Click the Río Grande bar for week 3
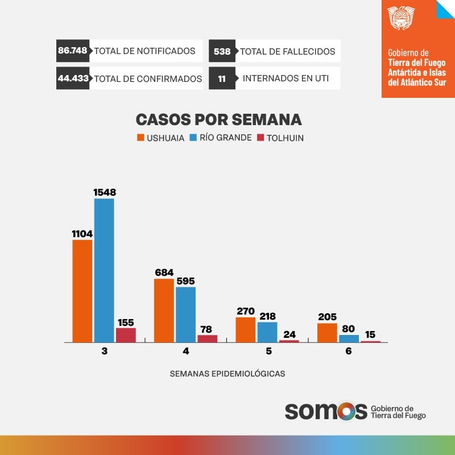(x=104, y=270)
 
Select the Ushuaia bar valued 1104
(x=82, y=291)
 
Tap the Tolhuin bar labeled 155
(x=126, y=335)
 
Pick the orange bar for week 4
(x=164, y=311)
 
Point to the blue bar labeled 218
(x=267, y=332)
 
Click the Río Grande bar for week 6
(x=349, y=338)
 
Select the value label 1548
(x=104, y=192)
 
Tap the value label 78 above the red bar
(x=207, y=329)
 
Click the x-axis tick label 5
(x=268, y=351)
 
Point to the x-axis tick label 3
(x=105, y=351)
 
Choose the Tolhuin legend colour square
(x=261, y=138)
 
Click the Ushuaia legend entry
(x=160, y=138)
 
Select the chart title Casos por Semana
(x=218, y=119)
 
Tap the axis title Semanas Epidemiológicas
(x=227, y=374)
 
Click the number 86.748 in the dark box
(x=72, y=51)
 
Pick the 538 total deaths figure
(x=222, y=51)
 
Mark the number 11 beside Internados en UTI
(x=222, y=78)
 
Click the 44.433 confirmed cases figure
(x=73, y=78)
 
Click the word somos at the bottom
(x=325, y=411)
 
